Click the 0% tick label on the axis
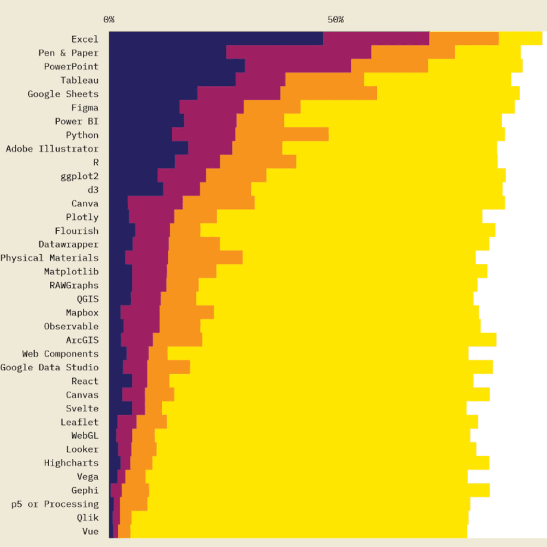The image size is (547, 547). click(109, 20)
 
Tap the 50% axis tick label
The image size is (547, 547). click(336, 20)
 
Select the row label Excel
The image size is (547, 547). click(85, 39)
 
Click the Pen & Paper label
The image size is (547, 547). click(68, 53)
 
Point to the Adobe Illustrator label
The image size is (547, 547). click(52, 149)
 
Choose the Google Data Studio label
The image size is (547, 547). click(49, 368)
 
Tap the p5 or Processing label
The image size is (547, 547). click(55, 504)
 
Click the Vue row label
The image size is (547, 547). click(90, 532)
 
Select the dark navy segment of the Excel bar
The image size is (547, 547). click(216, 38)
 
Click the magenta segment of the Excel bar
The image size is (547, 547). click(376, 38)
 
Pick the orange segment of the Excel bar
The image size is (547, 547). click(464, 38)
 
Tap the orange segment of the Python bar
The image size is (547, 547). click(282, 134)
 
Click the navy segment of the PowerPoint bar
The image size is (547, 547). click(177, 66)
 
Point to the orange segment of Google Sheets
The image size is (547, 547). click(328, 93)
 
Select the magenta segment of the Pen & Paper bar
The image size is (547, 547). click(298, 52)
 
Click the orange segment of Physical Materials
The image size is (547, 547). click(205, 257)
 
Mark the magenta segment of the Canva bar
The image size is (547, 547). click(155, 202)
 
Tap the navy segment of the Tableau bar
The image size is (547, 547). click(172, 79)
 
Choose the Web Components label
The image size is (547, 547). click(60, 354)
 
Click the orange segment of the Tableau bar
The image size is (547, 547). click(324, 79)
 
